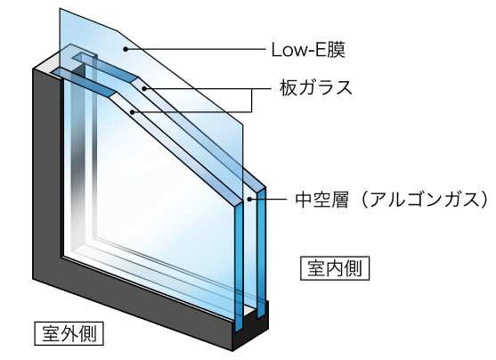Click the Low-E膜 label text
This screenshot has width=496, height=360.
(x=308, y=50)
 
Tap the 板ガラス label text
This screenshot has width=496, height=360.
(x=316, y=87)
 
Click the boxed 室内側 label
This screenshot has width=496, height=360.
(x=335, y=268)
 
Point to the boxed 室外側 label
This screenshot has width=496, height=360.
(x=69, y=333)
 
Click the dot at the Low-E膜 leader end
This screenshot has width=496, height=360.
(x=126, y=49)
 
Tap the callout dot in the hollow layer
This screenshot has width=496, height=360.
(x=249, y=199)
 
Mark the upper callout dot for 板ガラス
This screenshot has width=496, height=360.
(x=144, y=88)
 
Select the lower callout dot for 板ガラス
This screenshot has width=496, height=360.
(x=133, y=112)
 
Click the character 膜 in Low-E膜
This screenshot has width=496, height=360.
(x=336, y=50)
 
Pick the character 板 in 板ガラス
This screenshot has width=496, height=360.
(x=289, y=87)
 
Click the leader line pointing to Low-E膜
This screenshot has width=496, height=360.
(x=196, y=49)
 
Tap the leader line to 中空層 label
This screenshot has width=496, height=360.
(x=268, y=199)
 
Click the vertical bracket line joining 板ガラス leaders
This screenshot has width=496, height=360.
(x=252, y=101)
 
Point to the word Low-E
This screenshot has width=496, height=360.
(x=298, y=50)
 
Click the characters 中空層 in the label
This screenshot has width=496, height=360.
(x=321, y=200)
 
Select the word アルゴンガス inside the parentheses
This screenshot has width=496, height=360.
(x=424, y=200)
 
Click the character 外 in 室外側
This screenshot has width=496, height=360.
(x=69, y=333)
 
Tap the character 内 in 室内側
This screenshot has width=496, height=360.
(x=335, y=268)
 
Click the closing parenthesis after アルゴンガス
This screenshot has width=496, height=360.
(x=485, y=200)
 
